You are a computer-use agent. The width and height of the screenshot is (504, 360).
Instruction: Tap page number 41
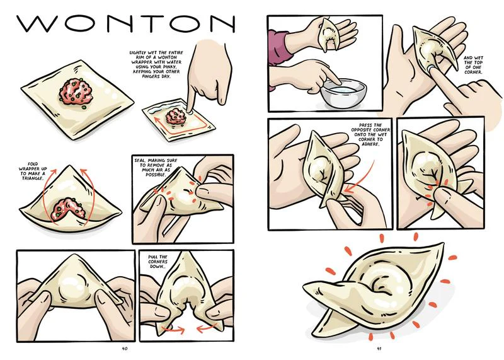[x=379, y=346]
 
